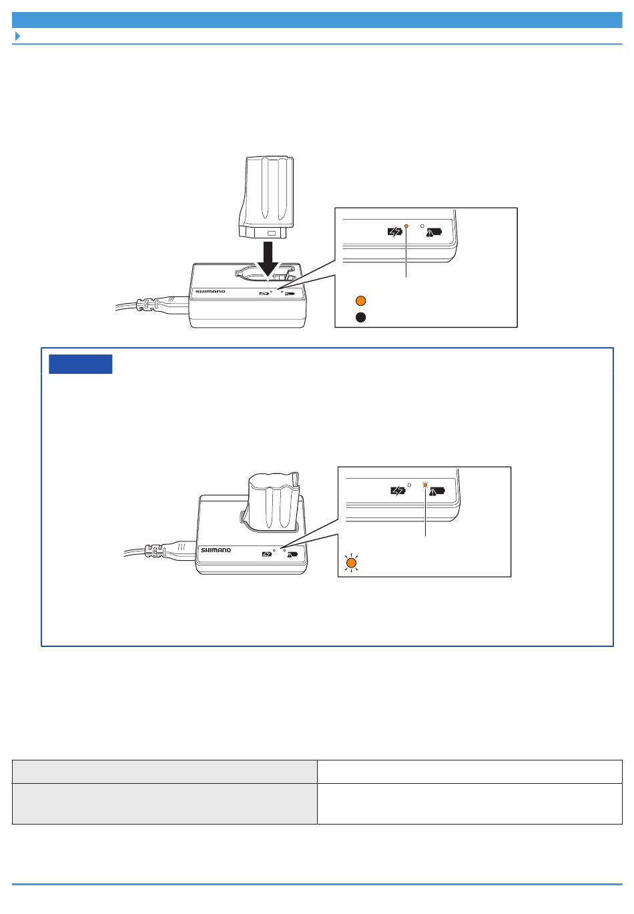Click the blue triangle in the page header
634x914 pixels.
point(17,36)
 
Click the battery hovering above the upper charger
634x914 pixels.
point(266,197)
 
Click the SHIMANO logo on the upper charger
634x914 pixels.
point(210,292)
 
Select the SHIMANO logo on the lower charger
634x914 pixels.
point(216,550)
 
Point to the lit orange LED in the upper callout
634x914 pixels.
point(406,226)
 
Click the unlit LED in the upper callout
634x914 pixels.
point(422,226)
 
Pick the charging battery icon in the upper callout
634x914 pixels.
point(394,232)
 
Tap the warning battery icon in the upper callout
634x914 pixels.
point(434,232)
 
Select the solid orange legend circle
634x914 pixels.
point(360,300)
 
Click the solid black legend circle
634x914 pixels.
point(360,317)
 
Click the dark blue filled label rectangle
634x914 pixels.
point(80,364)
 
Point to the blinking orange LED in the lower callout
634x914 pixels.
point(425,485)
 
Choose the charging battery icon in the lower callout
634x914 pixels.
point(398,491)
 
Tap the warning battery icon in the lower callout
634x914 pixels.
point(437,491)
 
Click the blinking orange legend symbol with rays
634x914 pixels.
point(351,563)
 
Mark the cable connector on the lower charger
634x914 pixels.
point(155,550)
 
